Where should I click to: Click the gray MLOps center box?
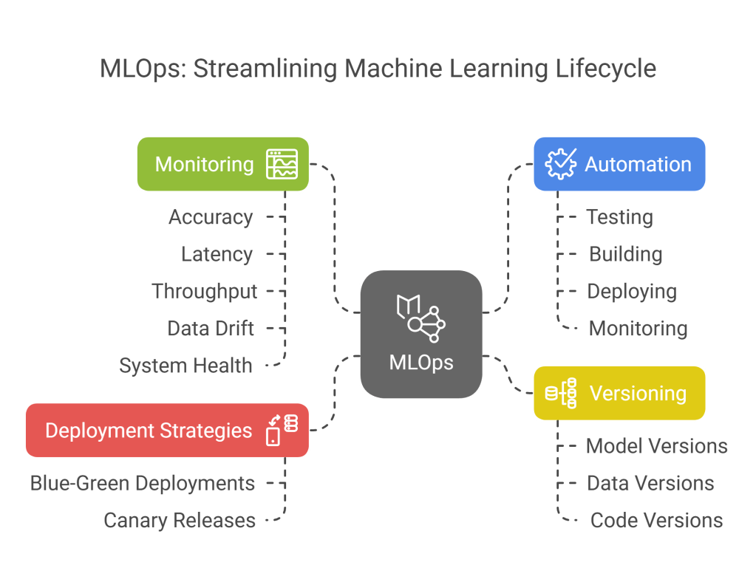click(420, 334)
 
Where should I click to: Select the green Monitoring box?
click(222, 164)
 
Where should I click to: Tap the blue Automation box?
click(619, 164)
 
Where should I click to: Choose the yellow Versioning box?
click(619, 393)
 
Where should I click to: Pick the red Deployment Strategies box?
click(167, 430)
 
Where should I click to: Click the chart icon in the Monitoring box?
click(282, 164)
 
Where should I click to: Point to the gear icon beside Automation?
click(560, 164)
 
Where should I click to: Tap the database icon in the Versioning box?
click(561, 393)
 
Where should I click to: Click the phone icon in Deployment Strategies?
click(273, 435)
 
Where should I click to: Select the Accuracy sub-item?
click(211, 217)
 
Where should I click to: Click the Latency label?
click(217, 254)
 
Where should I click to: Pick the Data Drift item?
click(211, 328)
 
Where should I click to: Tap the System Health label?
click(185, 365)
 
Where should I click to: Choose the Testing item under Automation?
click(619, 217)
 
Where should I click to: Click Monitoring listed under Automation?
click(638, 328)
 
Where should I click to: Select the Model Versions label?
click(656, 446)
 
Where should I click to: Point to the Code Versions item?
click(656, 520)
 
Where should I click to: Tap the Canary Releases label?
click(180, 520)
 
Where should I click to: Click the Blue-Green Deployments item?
click(143, 483)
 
